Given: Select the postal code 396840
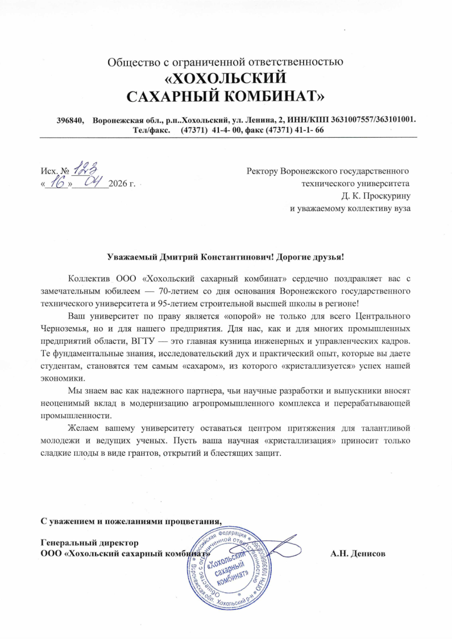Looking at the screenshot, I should tap(70, 120).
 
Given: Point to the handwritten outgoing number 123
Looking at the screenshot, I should tap(88, 167).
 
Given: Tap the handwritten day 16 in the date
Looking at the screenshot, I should tap(56, 182).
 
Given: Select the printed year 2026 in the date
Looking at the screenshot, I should tap(118, 184).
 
